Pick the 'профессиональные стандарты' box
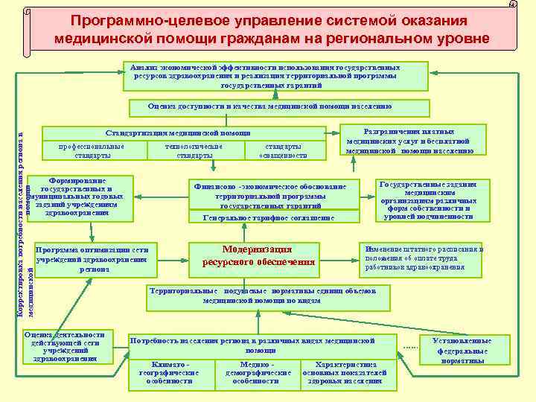pos(93,151)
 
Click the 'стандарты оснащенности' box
pos(284,151)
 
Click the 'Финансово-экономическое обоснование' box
pos(269,195)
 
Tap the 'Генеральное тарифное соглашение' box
pos(269,217)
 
